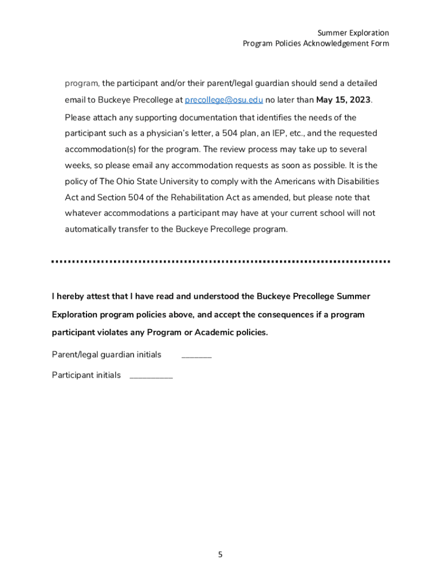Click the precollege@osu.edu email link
coord(223,100)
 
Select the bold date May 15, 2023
coord(343,100)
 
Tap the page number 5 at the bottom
coord(220,555)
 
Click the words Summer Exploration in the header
coord(353,33)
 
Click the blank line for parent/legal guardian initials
coord(196,356)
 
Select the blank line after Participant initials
coord(151,377)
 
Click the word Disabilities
coord(356,181)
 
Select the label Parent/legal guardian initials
coord(107,355)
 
